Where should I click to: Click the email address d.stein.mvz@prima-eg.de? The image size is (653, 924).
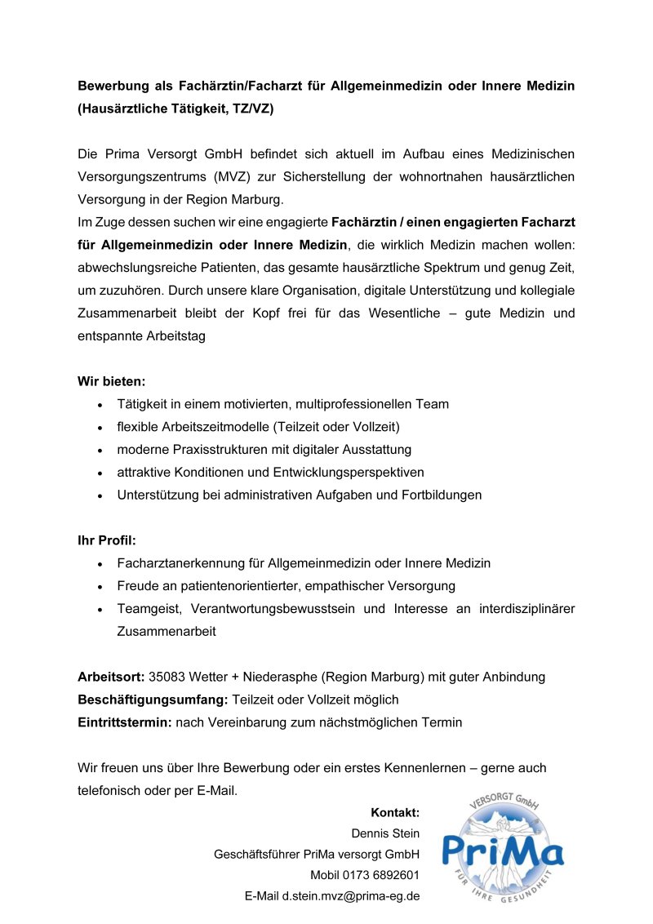click(x=351, y=896)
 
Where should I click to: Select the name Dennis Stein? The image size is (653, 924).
click(x=385, y=833)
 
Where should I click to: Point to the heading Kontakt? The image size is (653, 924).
click(x=395, y=812)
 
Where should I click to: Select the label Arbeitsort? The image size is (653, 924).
click(x=111, y=677)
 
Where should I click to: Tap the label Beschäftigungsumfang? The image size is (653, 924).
click(x=153, y=700)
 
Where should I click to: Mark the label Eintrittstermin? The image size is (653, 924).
click(x=124, y=722)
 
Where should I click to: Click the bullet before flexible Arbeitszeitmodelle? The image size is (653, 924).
click(x=99, y=428)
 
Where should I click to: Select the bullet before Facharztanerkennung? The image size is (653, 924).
click(x=99, y=564)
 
